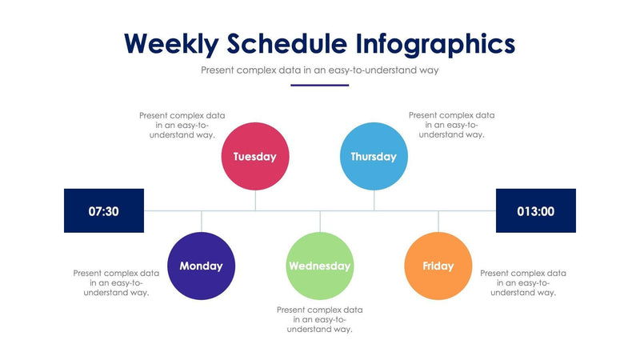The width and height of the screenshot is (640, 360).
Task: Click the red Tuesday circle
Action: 254,157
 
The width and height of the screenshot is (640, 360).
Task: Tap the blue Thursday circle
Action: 374,157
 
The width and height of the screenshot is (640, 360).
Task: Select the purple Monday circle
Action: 201,266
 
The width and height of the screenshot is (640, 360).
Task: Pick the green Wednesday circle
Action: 320,266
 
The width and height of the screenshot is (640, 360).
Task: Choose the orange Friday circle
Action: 438,266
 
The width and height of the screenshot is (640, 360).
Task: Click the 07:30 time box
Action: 104,211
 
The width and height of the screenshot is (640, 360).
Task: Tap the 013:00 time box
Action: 536,211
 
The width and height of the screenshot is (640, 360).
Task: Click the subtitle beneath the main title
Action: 320,70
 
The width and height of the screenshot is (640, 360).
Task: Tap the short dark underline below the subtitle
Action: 320,85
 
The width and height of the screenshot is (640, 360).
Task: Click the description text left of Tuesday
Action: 177,125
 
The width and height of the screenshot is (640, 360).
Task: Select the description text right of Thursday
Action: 451,125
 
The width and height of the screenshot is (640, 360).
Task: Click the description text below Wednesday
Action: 320,319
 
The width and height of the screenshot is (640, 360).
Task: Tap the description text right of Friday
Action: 523,282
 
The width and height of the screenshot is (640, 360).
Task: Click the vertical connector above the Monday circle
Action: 202,222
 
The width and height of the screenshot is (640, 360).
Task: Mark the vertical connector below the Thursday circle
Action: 374,200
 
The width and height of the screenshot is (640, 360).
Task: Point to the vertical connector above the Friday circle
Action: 438,222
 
